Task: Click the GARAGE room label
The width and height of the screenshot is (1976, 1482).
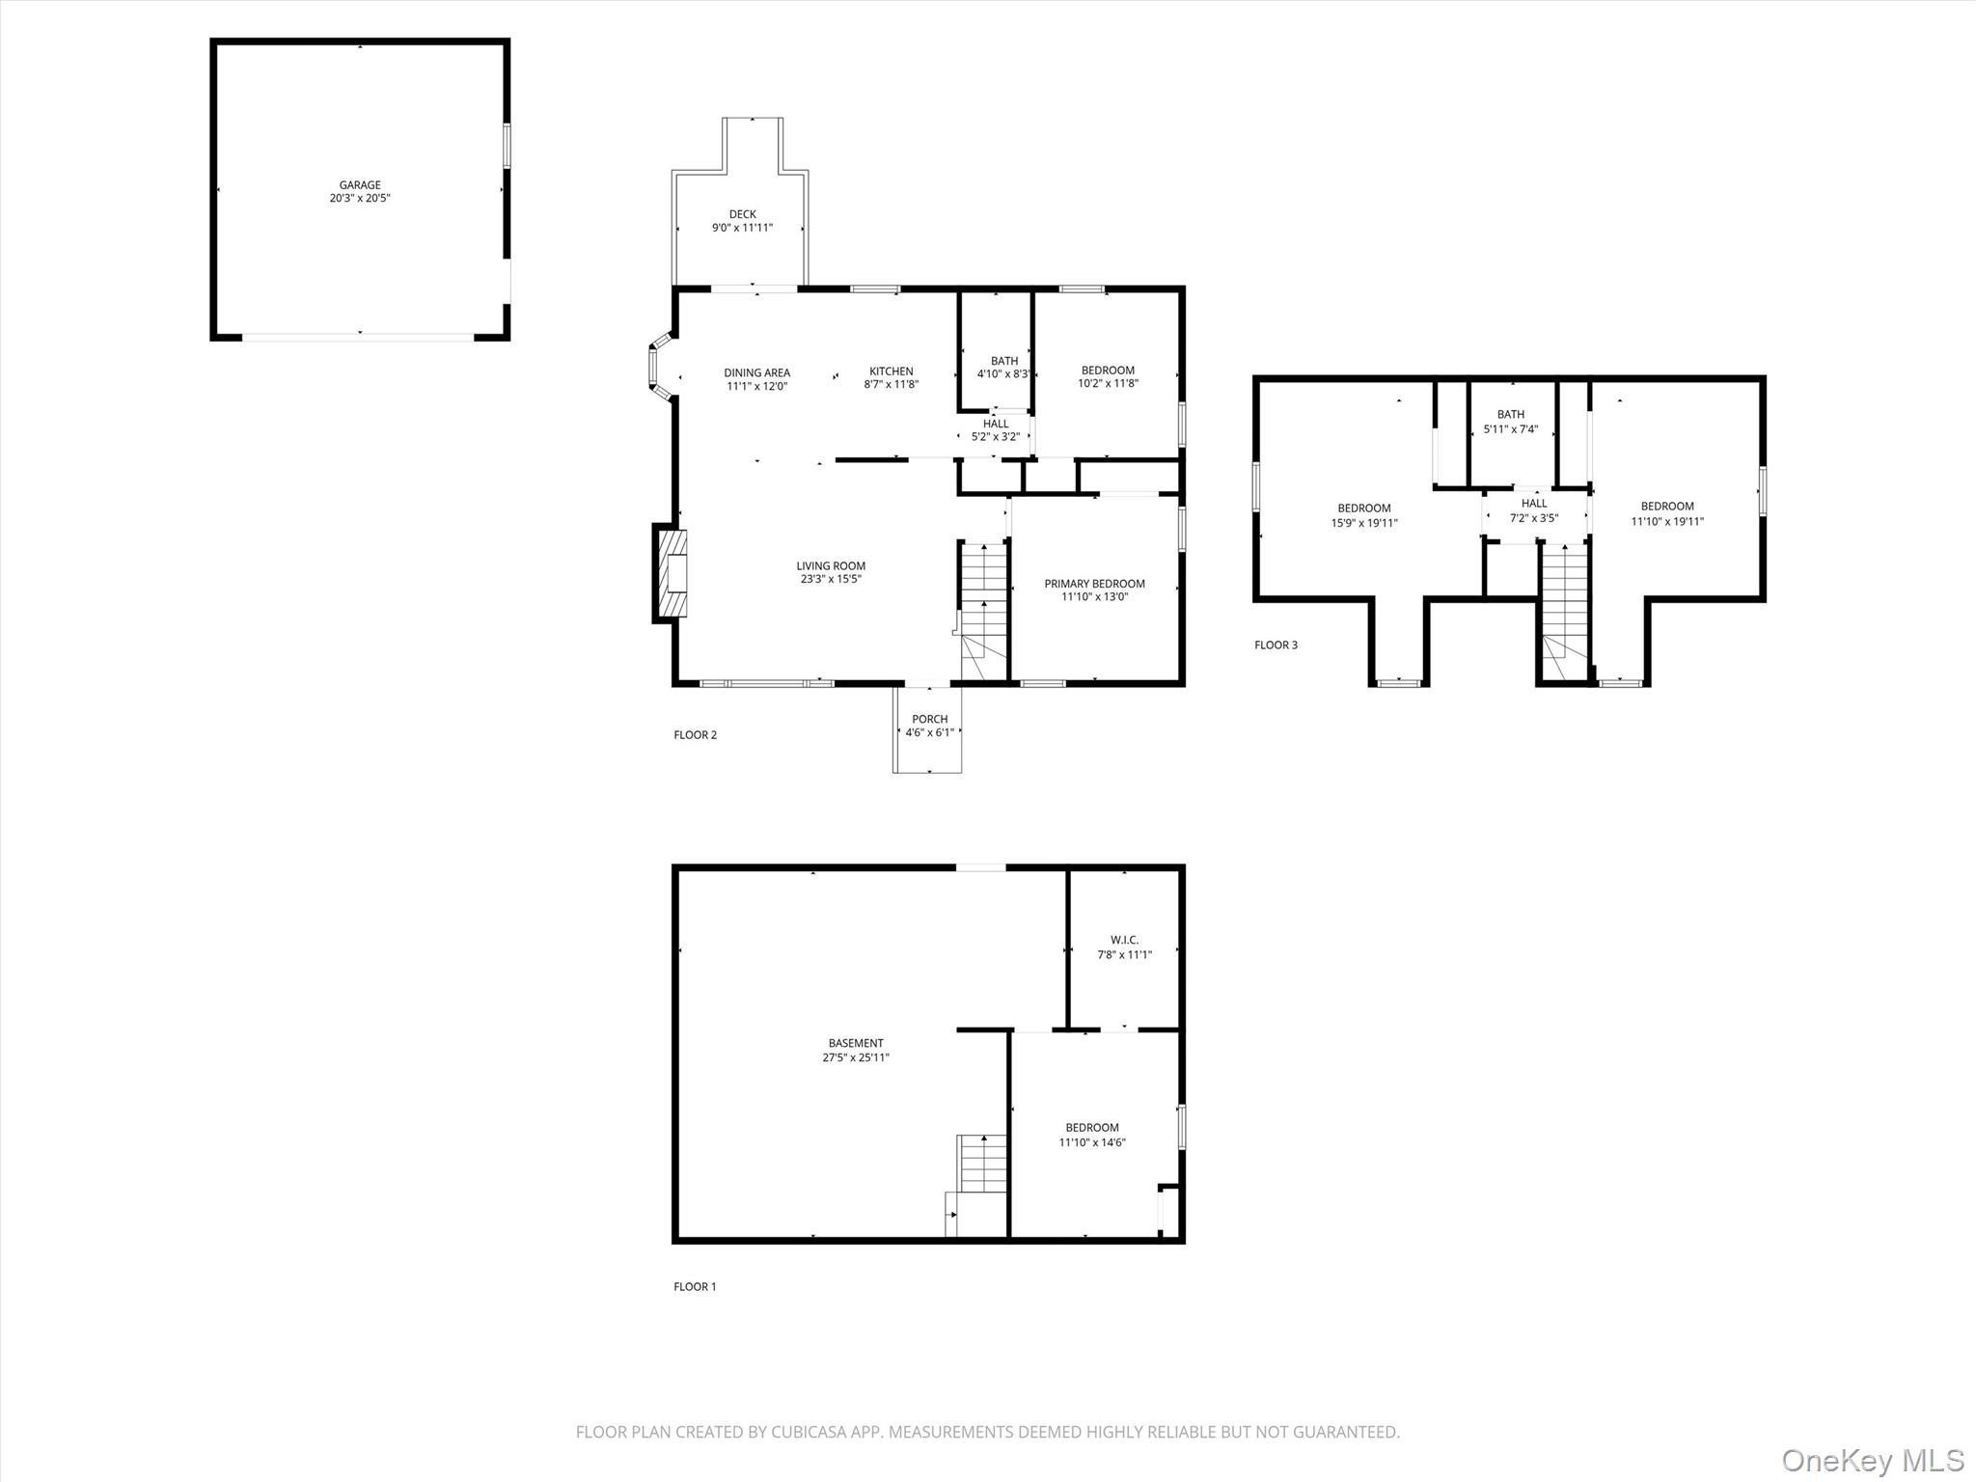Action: (360, 184)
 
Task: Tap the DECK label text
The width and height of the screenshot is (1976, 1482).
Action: (742, 214)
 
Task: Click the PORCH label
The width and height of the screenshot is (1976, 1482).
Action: (929, 719)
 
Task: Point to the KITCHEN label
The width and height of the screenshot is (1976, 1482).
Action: (891, 370)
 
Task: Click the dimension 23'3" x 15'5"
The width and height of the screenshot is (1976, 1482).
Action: (830, 580)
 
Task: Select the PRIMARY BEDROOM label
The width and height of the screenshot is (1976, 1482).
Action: (1094, 584)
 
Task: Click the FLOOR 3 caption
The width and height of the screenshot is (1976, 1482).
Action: (1276, 645)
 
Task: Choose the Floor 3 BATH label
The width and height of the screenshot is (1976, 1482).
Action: (1511, 415)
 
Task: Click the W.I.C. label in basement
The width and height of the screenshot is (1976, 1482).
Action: (1124, 940)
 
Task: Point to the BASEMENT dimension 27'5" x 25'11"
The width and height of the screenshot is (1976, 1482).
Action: (855, 1057)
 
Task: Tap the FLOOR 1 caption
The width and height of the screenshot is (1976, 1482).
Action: (695, 1286)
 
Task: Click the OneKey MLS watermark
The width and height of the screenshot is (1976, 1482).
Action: (1872, 1459)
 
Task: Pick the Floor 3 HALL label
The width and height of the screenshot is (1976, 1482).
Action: (1534, 503)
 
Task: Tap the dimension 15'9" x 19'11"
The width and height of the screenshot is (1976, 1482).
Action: (1364, 523)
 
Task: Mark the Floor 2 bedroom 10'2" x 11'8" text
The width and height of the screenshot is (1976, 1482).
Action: (1108, 383)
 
